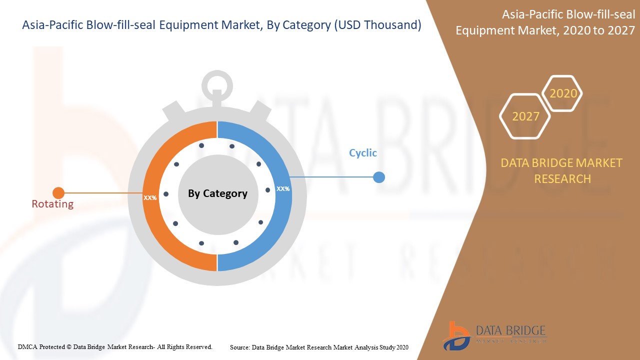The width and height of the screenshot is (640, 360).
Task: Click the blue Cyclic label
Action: [363, 153]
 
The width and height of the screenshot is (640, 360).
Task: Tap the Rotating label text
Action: [52, 204]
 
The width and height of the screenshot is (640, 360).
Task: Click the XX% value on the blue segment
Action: [283, 189]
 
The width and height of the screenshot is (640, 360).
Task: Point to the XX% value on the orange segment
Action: [150, 197]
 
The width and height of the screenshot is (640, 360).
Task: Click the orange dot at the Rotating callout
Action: [58, 193]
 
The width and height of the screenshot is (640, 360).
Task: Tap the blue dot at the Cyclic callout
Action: [379, 177]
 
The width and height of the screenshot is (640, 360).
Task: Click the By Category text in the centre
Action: [217, 193]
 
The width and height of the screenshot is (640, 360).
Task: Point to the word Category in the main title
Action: [306, 25]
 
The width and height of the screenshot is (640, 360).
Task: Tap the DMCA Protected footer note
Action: [115, 347]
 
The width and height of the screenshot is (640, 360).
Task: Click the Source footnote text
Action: [319, 347]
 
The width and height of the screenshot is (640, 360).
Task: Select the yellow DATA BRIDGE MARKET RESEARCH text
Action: [561, 171]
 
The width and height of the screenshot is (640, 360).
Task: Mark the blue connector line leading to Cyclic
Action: [332, 177]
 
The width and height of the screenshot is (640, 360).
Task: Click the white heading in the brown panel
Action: [545, 22]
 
